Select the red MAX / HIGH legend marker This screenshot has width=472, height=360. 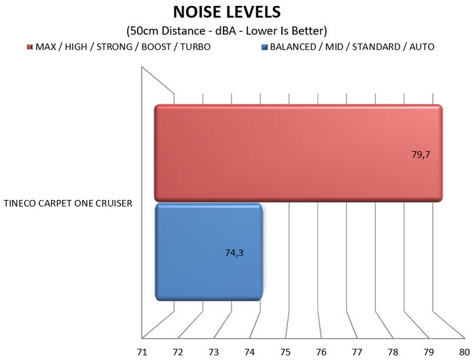point(29,47)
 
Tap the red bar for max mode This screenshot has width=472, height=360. point(298,152)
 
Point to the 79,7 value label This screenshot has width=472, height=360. point(420,155)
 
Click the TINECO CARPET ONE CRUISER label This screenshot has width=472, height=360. point(68,203)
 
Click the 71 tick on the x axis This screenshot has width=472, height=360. point(142,352)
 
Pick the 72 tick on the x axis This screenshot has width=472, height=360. point(178,352)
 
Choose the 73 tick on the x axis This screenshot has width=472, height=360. point(214,352)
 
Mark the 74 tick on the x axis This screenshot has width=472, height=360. point(249,352)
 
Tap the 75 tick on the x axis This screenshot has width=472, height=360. point(285,352)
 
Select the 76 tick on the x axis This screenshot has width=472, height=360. point(321,352)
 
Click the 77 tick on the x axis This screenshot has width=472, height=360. point(357,352)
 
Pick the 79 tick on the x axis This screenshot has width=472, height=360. point(429,352)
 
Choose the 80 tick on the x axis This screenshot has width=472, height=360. point(464,352)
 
